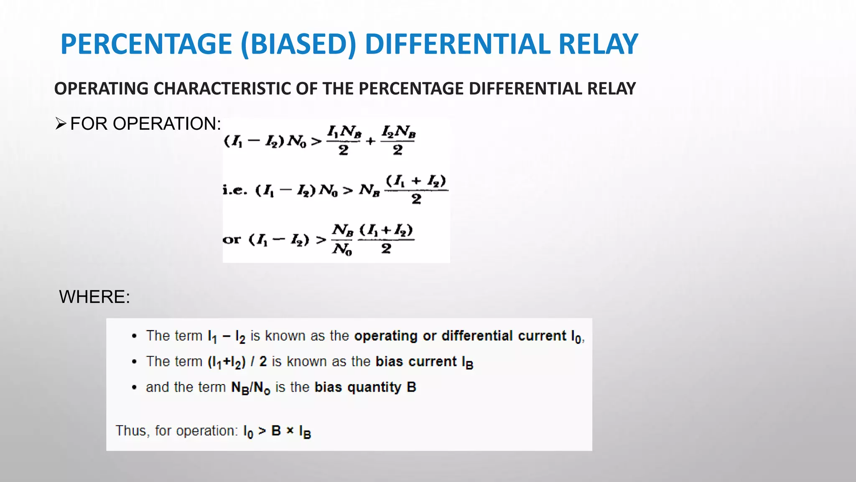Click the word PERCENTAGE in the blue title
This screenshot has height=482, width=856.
146,44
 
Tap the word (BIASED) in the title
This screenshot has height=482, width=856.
298,45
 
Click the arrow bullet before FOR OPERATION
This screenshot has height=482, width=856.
61,124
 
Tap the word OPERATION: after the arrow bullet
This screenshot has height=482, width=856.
167,124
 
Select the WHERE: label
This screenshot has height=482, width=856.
94,297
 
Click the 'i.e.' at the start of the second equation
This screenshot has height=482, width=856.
235,190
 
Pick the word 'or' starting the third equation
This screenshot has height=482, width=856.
232,240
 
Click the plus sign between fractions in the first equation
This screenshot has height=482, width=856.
370,141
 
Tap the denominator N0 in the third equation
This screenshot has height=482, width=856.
342,249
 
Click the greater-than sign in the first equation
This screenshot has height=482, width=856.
316,141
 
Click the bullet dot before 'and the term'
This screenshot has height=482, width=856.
134,387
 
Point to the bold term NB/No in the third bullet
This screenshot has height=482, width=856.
251,388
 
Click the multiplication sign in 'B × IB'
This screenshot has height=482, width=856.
290,431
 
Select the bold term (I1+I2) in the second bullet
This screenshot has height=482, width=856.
227,362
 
